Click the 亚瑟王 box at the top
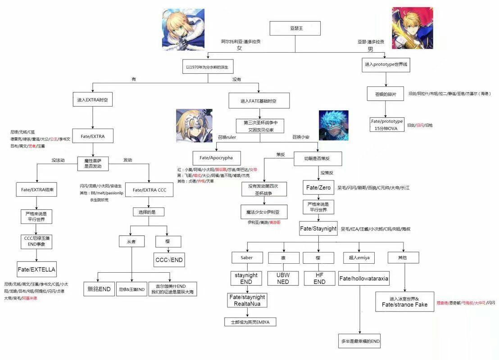(x=295, y=28)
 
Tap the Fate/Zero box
(x=318, y=188)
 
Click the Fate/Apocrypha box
(x=217, y=158)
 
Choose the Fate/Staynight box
(x=318, y=229)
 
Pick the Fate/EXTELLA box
(x=36, y=269)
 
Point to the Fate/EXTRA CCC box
(x=150, y=190)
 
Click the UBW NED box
(x=283, y=278)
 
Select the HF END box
(x=319, y=278)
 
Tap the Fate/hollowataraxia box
(x=364, y=279)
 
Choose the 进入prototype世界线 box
(x=387, y=64)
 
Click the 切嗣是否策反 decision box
(x=318, y=158)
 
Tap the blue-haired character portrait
(x=334, y=126)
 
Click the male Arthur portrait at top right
(x=412, y=28)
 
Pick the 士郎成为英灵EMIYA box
(x=250, y=322)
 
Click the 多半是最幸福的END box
(x=360, y=341)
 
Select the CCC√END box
(x=169, y=260)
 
